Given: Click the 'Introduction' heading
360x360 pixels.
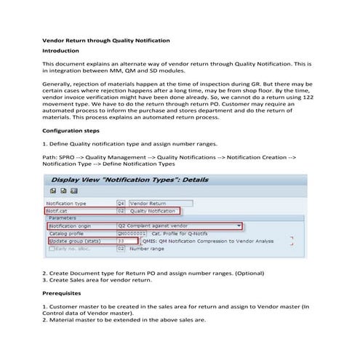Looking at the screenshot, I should click(63, 52).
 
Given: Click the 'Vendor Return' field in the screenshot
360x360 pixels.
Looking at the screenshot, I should click(148, 203).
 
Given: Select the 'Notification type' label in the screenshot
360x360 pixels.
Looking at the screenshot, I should click(67, 203).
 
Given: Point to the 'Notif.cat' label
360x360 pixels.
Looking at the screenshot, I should click(60, 211).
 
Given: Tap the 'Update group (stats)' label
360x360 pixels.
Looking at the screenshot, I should click(74, 241).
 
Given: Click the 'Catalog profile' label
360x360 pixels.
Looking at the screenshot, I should click(66, 233).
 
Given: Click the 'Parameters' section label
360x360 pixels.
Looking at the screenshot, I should click(63, 218).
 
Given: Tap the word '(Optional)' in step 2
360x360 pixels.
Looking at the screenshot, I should click(266, 273).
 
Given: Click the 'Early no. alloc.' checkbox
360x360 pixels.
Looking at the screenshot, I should click(51, 249).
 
